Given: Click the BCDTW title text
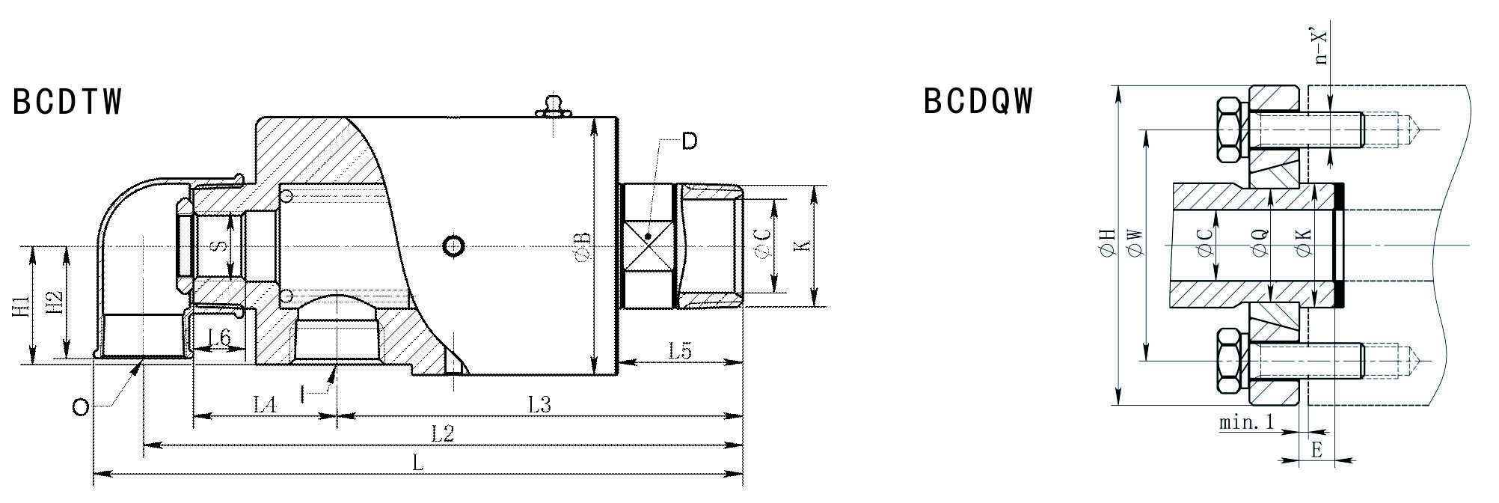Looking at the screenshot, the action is (67, 102).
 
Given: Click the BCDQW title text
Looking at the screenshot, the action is (978, 101).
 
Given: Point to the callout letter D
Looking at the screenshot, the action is (690, 141).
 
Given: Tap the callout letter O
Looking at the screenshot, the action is (81, 407).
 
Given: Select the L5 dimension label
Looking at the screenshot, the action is (680, 350).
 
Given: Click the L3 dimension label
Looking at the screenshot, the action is (539, 405).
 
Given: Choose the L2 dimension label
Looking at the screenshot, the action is (443, 433).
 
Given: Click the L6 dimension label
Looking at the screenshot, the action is (218, 338).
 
